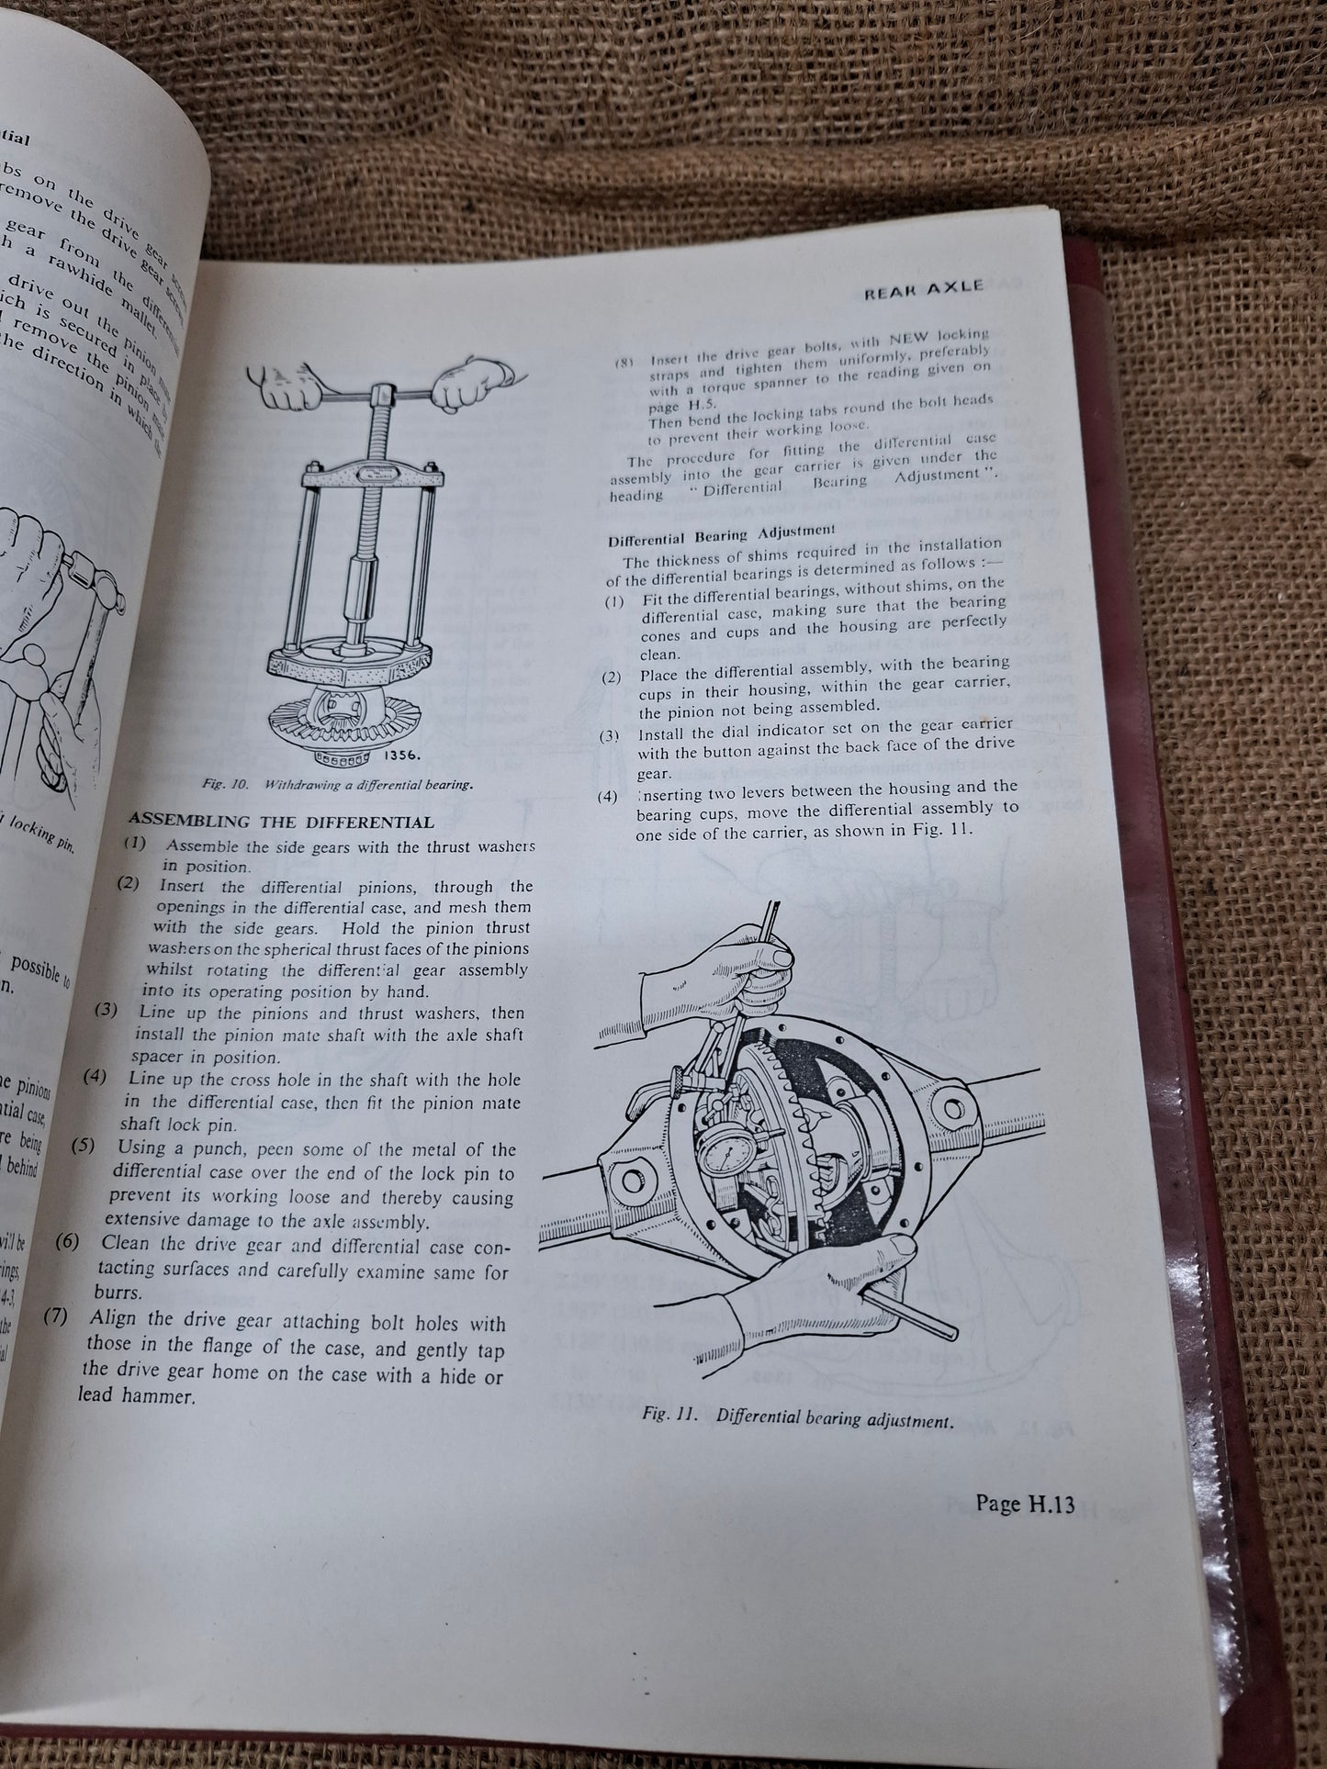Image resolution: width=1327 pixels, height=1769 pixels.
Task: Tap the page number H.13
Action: (x=1026, y=1505)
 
